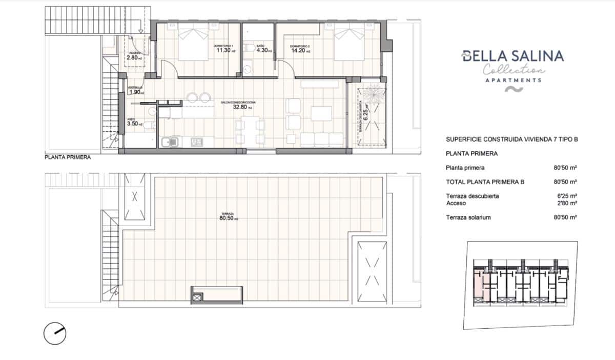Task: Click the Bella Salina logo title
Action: [512, 56]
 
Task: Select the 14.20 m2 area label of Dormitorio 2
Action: [300, 50]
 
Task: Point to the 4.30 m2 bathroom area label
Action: [264, 50]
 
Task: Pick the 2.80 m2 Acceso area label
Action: [135, 57]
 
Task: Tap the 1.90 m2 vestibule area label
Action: [135, 92]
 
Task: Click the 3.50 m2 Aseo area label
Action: [135, 124]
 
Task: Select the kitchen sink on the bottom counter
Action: [169, 142]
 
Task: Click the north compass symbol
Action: [55, 334]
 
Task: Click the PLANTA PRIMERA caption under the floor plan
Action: [68, 158]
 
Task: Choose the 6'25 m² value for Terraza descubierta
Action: [567, 196]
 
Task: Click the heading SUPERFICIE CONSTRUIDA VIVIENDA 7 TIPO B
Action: [512, 139]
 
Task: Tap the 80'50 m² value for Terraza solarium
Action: [565, 217]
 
